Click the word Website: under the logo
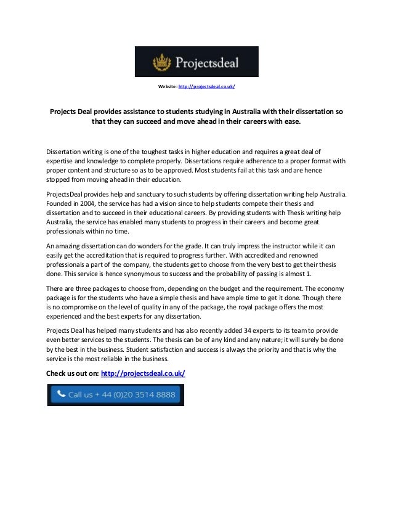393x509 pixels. pyautogui.click(x=168, y=86)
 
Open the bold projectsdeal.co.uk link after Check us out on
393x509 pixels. pyautogui.click(x=142, y=374)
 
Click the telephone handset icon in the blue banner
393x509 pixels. pyautogui.click(x=60, y=393)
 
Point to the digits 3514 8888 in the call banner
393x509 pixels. pyautogui.click(x=154, y=394)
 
